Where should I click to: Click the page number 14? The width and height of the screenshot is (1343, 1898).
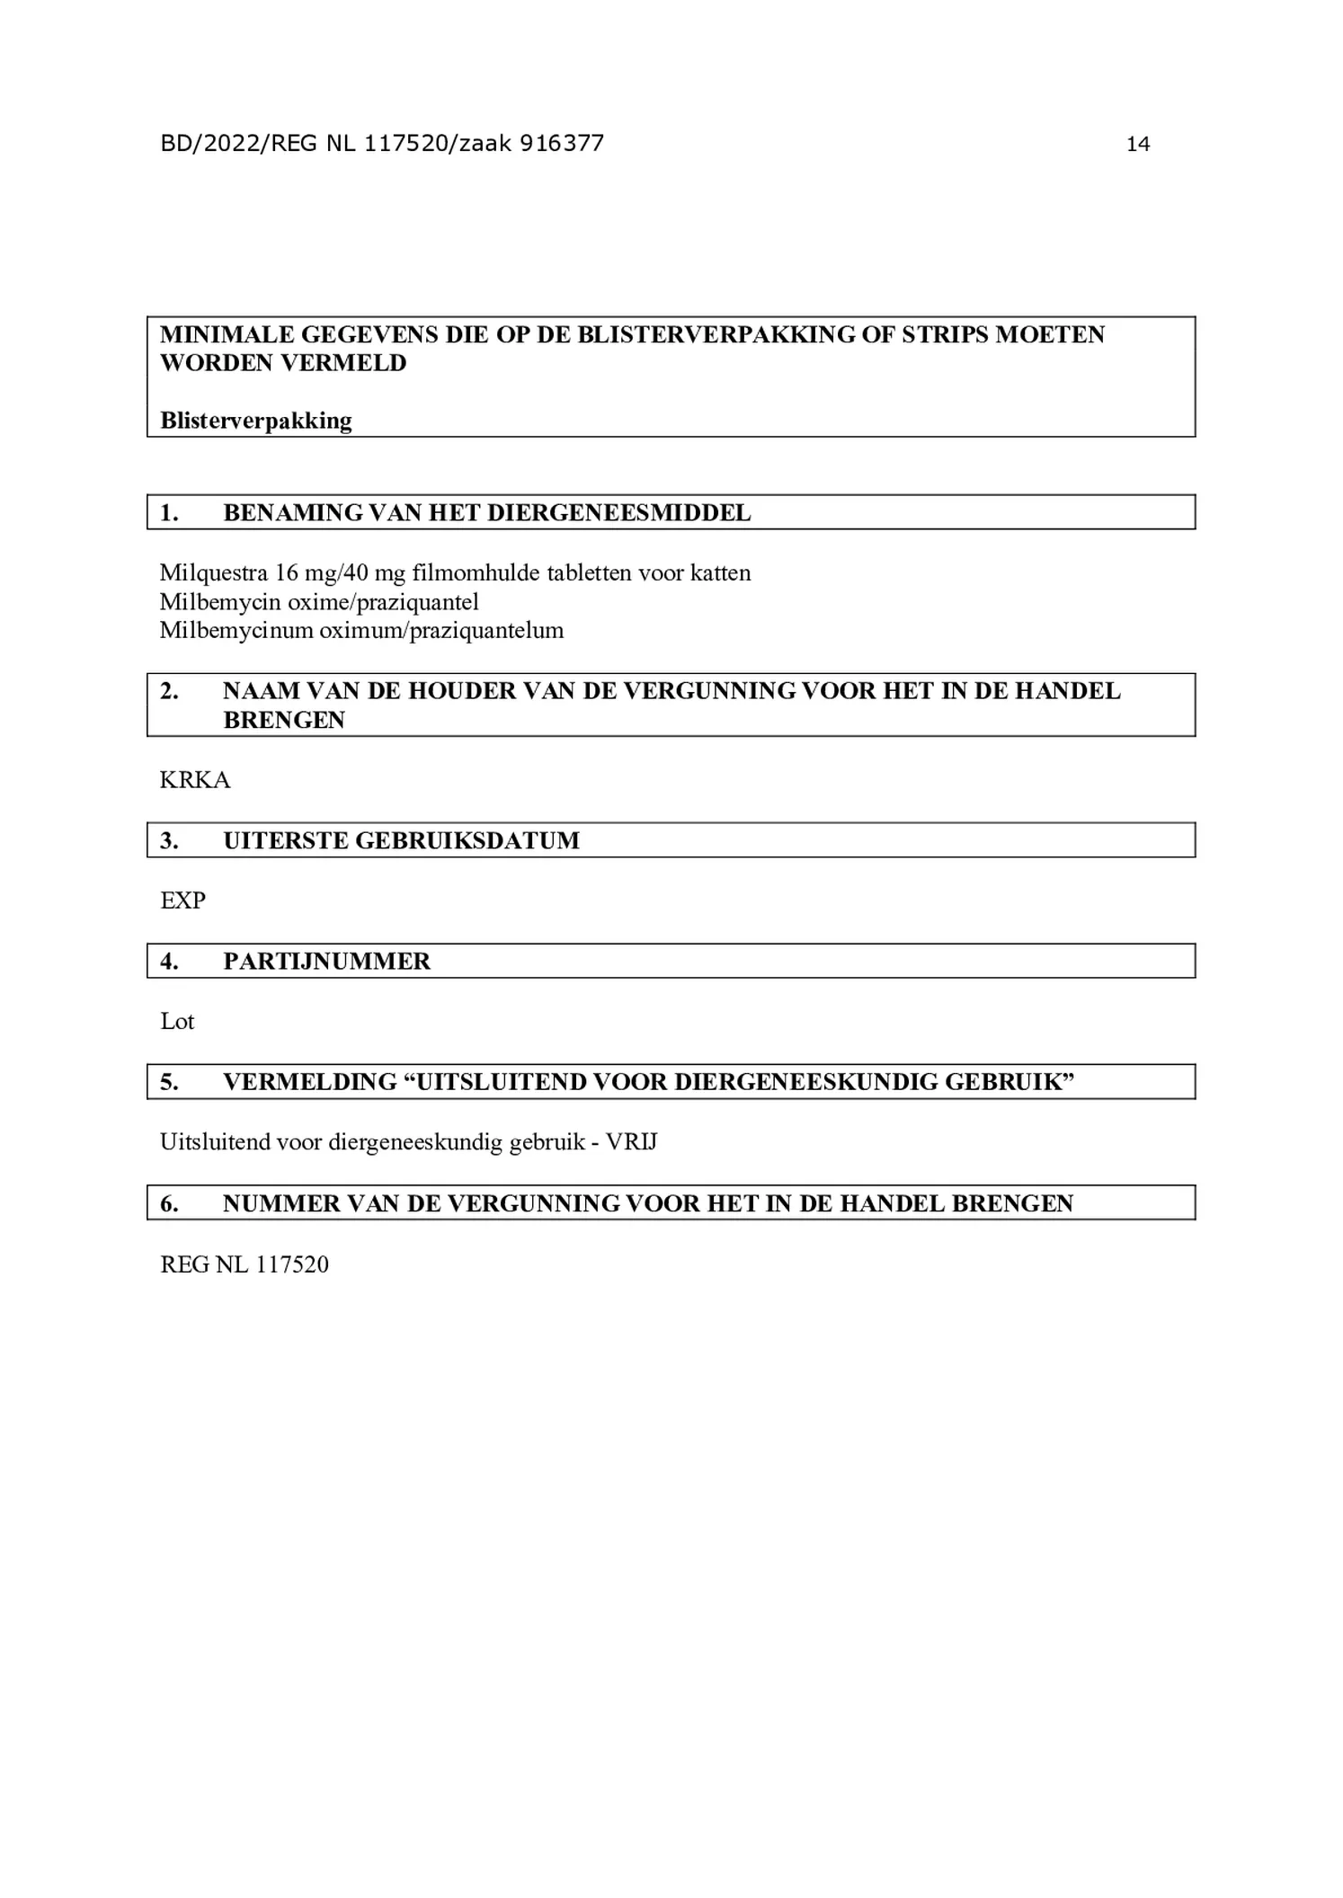[1137, 144]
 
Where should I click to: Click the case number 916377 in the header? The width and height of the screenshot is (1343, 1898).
[561, 143]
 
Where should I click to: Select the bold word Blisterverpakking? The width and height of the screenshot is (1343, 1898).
[256, 421]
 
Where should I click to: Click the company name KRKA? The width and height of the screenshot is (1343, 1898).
[195, 780]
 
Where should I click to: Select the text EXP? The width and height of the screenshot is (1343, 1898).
[182, 900]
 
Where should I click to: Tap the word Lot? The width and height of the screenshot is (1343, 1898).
[177, 1022]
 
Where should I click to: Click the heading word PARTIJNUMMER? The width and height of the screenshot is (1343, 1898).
[326, 962]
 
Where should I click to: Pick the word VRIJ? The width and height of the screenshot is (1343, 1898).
[631, 1142]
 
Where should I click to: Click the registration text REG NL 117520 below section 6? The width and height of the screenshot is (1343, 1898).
[245, 1264]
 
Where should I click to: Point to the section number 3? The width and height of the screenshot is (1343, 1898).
[169, 841]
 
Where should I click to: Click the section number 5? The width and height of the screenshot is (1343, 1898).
[169, 1082]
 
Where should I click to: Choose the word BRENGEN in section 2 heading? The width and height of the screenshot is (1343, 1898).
[284, 720]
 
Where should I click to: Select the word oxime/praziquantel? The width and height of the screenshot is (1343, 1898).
[383, 601]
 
